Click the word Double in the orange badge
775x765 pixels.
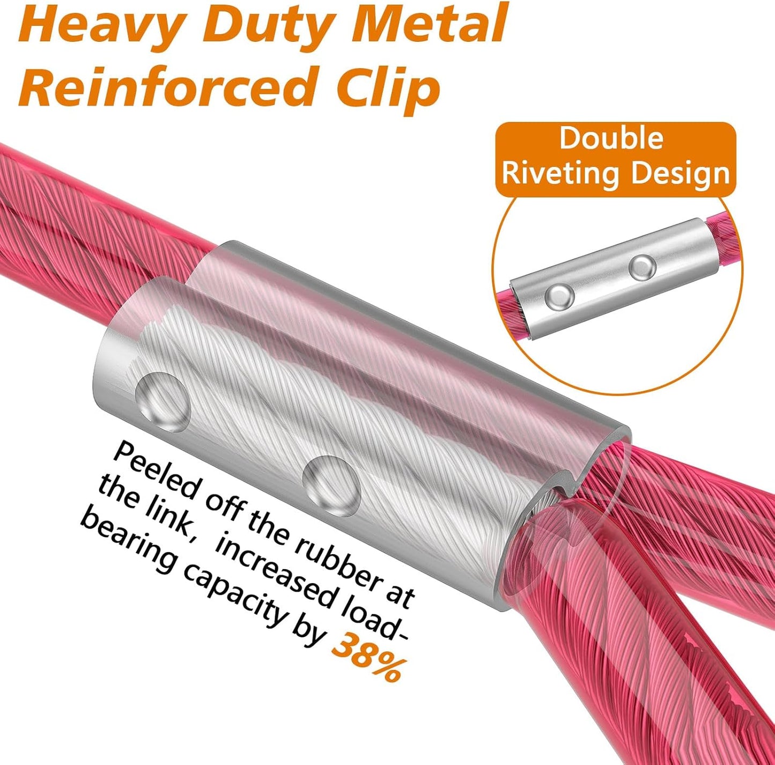click(x=611, y=138)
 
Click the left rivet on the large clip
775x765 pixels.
click(x=163, y=402)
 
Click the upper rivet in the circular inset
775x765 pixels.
click(x=643, y=267)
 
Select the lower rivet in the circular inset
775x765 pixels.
click(x=559, y=298)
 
